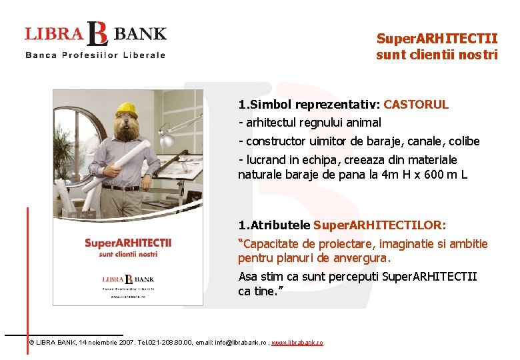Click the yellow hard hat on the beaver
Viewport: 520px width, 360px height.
click(x=126, y=109)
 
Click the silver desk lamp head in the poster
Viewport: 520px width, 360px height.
click(x=165, y=140)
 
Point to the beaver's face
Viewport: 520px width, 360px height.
click(x=127, y=127)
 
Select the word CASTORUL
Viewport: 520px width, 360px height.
click(x=416, y=105)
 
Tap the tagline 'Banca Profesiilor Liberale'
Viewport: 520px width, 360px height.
click(x=95, y=55)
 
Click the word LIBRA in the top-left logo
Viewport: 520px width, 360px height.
click(x=54, y=33)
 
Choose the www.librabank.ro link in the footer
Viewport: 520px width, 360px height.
click(x=297, y=342)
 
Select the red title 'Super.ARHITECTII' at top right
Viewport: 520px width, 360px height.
click(x=437, y=39)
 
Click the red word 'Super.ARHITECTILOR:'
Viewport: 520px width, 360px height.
click(x=380, y=225)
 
